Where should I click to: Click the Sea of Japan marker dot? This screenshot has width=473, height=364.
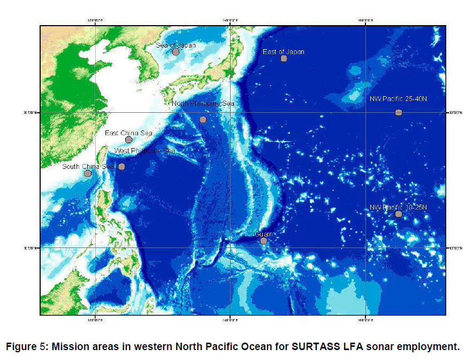pyautogui.click(x=176, y=52)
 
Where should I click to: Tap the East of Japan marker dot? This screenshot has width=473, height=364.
pyautogui.click(x=284, y=58)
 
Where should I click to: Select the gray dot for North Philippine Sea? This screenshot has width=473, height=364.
pyautogui.click(x=203, y=119)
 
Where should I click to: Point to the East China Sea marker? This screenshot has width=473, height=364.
pyautogui.click(x=128, y=140)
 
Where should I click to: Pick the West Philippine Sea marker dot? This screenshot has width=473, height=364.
pyautogui.click(x=121, y=166)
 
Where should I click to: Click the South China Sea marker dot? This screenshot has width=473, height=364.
pyautogui.click(x=88, y=173)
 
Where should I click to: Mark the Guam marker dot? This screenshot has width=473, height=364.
pyautogui.click(x=264, y=241)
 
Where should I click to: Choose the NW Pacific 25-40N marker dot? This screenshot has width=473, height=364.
pyautogui.click(x=399, y=112)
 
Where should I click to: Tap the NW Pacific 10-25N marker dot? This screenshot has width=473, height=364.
pyautogui.click(x=399, y=214)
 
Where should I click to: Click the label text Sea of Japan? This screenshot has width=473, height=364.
pyautogui.click(x=176, y=45)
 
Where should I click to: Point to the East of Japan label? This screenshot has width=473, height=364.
pyautogui.click(x=284, y=52)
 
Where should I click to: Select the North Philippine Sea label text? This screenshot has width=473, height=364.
pyautogui.click(x=203, y=103)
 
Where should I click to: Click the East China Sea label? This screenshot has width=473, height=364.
pyautogui.click(x=128, y=133)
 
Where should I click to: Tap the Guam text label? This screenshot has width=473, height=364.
pyautogui.click(x=263, y=234)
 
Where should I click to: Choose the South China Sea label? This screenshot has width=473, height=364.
pyautogui.click(x=88, y=166)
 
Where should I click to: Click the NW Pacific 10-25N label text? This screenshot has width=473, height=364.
pyautogui.click(x=399, y=207)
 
